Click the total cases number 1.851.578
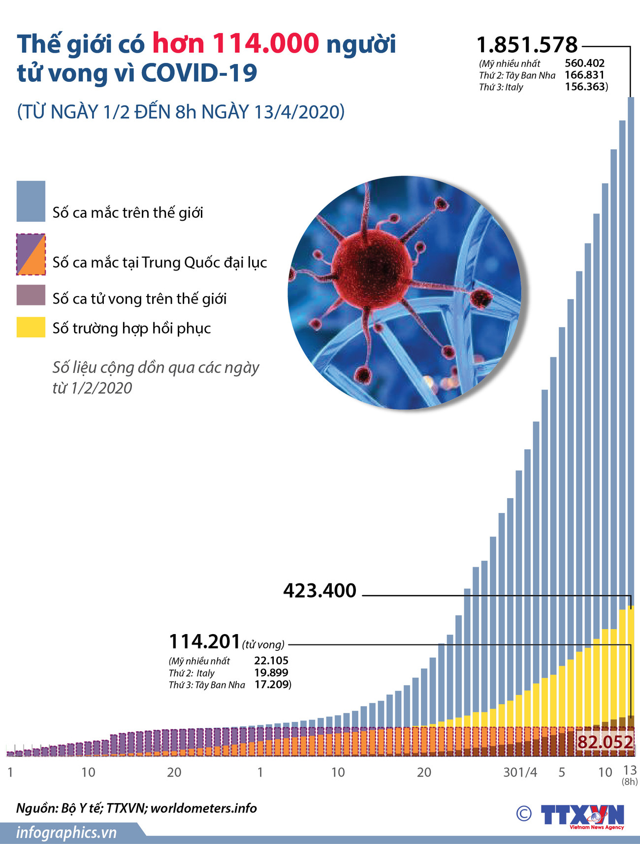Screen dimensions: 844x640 click(527, 45)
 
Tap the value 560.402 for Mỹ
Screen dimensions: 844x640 click(584, 63)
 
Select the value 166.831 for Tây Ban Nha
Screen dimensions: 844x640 click(584, 75)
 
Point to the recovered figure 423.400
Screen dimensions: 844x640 click(320, 590)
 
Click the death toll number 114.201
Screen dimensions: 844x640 click(204, 641)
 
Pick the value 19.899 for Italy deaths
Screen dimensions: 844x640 click(271, 673)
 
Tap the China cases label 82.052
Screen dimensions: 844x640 click(605, 742)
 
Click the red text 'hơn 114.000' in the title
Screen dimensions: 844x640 click(236, 43)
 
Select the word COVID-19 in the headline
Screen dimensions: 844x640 click(199, 73)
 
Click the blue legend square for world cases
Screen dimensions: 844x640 click(31, 201)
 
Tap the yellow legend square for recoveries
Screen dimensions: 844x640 click(31, 328)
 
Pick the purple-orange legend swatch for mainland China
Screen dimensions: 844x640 click(31, 254)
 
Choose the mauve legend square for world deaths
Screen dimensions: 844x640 click(31, 295)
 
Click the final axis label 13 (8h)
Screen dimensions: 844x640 click(630, 774)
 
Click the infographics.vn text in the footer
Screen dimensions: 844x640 click(66, 832)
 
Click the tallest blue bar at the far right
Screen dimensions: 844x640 click(631, 345)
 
